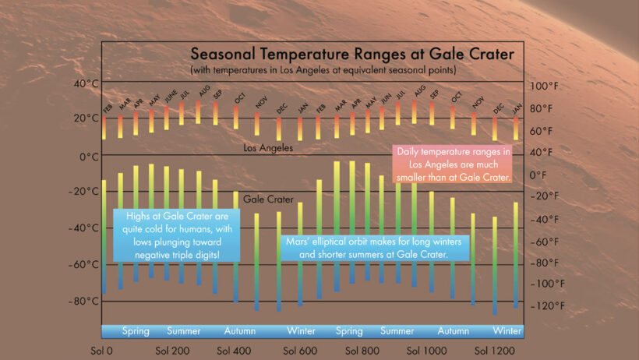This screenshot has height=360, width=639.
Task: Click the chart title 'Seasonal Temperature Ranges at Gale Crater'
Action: point(352,55)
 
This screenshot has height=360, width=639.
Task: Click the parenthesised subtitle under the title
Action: point(322,71)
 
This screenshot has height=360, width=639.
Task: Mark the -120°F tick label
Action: point(545,305)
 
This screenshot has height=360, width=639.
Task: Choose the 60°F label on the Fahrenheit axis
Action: point(543,130)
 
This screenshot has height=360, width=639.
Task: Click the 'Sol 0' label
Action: point(101,351)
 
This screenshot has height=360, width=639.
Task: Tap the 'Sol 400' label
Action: point(233,351)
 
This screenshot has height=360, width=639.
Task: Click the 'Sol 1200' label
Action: point(495,351)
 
